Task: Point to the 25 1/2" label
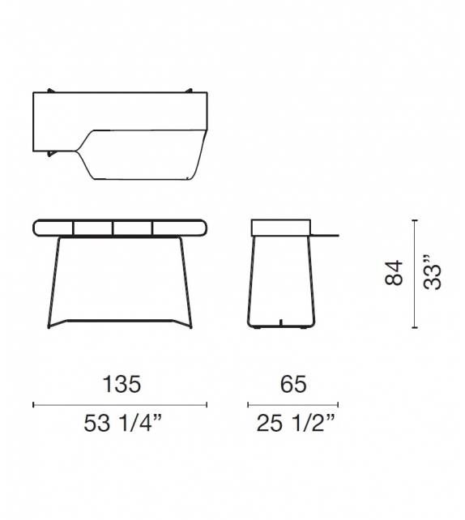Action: point(293,422)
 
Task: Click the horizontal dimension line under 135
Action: point(120,403)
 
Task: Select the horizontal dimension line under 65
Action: point(293,403)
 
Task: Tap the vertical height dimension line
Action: point(414,274)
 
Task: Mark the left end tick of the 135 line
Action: point(33,403)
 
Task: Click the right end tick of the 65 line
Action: point(339,403)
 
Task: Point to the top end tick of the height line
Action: point(414,220)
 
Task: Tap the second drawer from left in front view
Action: point(93,227)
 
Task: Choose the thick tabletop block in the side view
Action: point(280,227)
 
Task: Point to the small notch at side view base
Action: point(280,325)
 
